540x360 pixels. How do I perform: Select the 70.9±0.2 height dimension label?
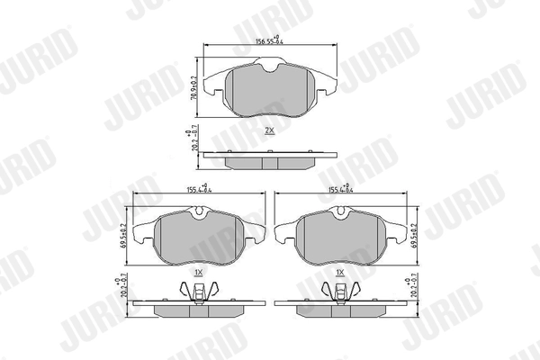193,87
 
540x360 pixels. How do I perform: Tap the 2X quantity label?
269,131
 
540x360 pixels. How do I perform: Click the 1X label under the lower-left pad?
199,271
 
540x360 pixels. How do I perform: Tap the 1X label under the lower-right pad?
340,271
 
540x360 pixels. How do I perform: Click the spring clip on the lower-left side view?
200,291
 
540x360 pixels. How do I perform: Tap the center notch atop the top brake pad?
269,65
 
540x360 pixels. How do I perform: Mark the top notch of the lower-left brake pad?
199,212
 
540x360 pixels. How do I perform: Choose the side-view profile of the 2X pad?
269,159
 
